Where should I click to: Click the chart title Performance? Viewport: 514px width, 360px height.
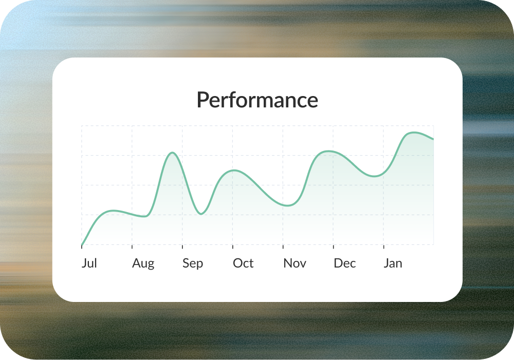pos(258,100)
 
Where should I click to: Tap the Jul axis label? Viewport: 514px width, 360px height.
pos(89,263)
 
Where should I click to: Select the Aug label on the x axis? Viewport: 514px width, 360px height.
pos(143,263)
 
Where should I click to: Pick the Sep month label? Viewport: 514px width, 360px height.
pos(193,263)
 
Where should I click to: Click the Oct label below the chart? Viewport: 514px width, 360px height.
pos(243,263)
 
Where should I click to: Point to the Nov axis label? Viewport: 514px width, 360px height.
pos(295,263)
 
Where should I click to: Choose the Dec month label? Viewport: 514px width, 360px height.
pos(345,263)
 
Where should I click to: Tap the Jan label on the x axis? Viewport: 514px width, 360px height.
pos(393,263)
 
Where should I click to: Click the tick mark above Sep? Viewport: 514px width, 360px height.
pos(182,247)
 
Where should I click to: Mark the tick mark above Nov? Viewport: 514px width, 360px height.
pos(283,247)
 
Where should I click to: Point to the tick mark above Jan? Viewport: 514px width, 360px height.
pos(383,247)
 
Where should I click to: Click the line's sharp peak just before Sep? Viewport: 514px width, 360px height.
pos(172,153)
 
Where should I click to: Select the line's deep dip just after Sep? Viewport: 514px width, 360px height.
pos(201,214)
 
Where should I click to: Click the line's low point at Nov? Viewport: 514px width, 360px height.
pos(287,206)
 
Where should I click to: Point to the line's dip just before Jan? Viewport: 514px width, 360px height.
pos(374,176)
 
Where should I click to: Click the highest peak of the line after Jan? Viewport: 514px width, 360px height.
pos(414,132)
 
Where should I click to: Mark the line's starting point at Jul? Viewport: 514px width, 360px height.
pos(82,244)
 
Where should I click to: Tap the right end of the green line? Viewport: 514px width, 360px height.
pos(433,139)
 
